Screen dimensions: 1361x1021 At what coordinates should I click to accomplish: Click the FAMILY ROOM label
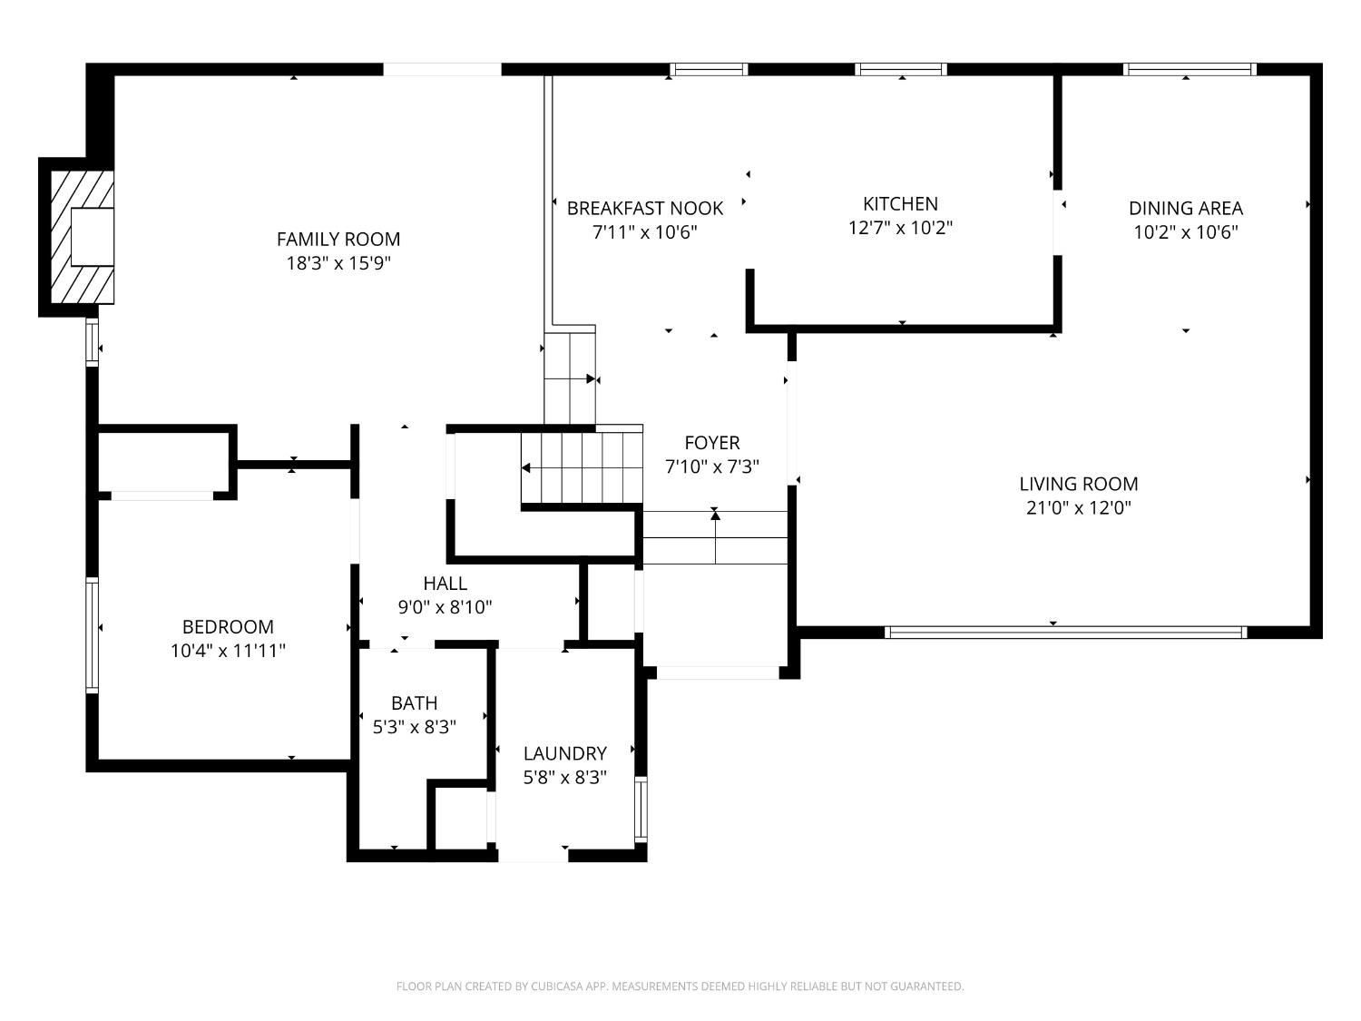point(338,239)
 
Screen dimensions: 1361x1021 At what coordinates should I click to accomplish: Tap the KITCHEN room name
point(900,203)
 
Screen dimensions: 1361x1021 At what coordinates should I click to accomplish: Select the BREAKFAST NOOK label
point(645,209)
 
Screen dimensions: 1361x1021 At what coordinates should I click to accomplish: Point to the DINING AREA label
point(1186,209)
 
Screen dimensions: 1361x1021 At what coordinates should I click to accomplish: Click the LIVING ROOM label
point(1079,484)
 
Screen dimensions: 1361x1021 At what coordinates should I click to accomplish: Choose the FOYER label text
point(712,443)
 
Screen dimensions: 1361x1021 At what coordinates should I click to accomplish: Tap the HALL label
point(446,584)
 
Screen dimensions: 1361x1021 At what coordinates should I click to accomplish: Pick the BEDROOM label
point(228,627)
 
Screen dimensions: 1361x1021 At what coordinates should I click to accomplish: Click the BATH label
point(414,703)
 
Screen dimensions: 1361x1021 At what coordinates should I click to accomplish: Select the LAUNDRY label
point(565,753)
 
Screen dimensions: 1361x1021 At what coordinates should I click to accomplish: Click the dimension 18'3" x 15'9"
point(338,263)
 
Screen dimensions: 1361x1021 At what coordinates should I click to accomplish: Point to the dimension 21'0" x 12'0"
point(1079,508)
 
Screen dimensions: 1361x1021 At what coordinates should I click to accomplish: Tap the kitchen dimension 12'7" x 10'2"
point(900,228)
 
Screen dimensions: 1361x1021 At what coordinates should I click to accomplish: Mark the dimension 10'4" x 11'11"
point(228,651)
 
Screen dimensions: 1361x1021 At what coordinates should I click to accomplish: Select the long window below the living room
point(1065,633)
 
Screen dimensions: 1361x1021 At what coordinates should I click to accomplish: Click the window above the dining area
point(1190,70)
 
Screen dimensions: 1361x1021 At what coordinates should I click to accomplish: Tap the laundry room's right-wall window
point(641,810)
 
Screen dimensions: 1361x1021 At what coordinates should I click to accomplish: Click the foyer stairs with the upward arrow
point(716,537)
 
